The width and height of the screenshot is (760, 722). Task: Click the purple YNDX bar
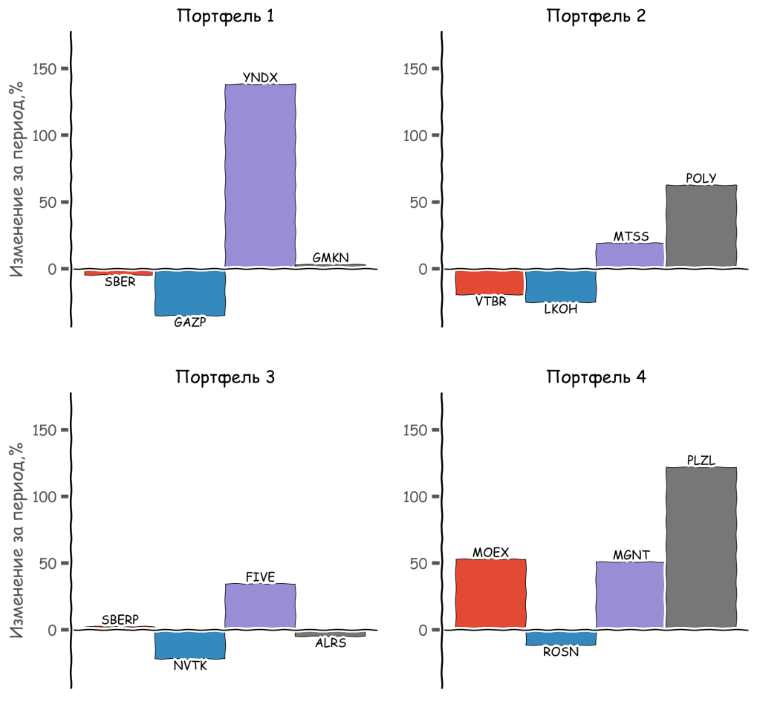pyautogui.click(x=260, y=175)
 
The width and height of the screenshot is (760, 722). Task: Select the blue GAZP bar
pyautogui.click(x=189, y=293)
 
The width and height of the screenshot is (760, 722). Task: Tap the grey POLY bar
pyautogui.click(x=701, y=226)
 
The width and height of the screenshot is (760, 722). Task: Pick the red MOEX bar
pyautogui.click(x=490, y=593)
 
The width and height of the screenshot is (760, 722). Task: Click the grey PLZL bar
pyautogui.click(x=701, y=547)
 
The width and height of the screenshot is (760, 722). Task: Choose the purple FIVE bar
pyautogui.click(x=260, y=605)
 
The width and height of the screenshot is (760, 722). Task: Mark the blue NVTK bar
pyautogui.click(x=189, y=644)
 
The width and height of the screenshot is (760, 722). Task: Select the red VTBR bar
pyautogui.click(x=490, y=282)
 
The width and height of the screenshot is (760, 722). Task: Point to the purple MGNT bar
pyautogui.click(x=631, y=594)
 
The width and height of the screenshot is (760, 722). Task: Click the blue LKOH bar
pyautogui.click(x=560, y=286)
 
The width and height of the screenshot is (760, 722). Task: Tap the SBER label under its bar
pyautogui.click(x=120, y=283)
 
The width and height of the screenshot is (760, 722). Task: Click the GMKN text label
pyautogui.click(x=331, y=258)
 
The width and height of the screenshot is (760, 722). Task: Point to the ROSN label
pyautogui.click(x=560, y=652)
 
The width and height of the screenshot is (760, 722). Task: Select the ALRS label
pyautogui.click(x=331, y=643)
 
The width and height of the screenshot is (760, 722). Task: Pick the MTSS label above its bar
pyautogui.click(x=631, y=237)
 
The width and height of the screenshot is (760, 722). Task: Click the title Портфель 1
pyautogui.click(x=225, y=16)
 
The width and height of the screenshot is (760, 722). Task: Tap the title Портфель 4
pyautogui.click(x=596, y=377)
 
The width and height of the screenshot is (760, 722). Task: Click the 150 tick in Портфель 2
pyautogui.click(x=416, y=69)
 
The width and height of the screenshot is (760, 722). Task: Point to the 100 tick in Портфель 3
pyautogui.click(x=46, y=497)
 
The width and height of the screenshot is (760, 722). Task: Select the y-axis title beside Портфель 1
pyautogui.click(x=17, y=178)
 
